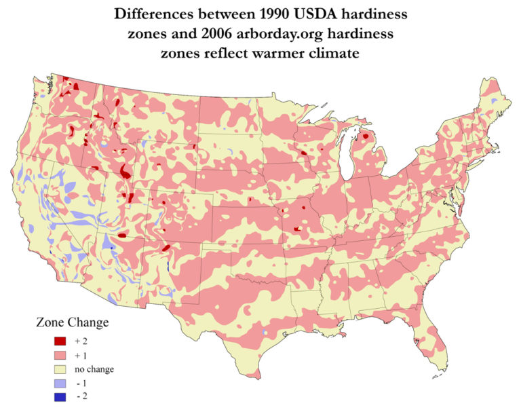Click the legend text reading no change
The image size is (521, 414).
(x=95, y=369)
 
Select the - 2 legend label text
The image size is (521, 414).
(x=82, y=398)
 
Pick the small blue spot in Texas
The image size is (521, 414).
(x=263, y=333)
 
